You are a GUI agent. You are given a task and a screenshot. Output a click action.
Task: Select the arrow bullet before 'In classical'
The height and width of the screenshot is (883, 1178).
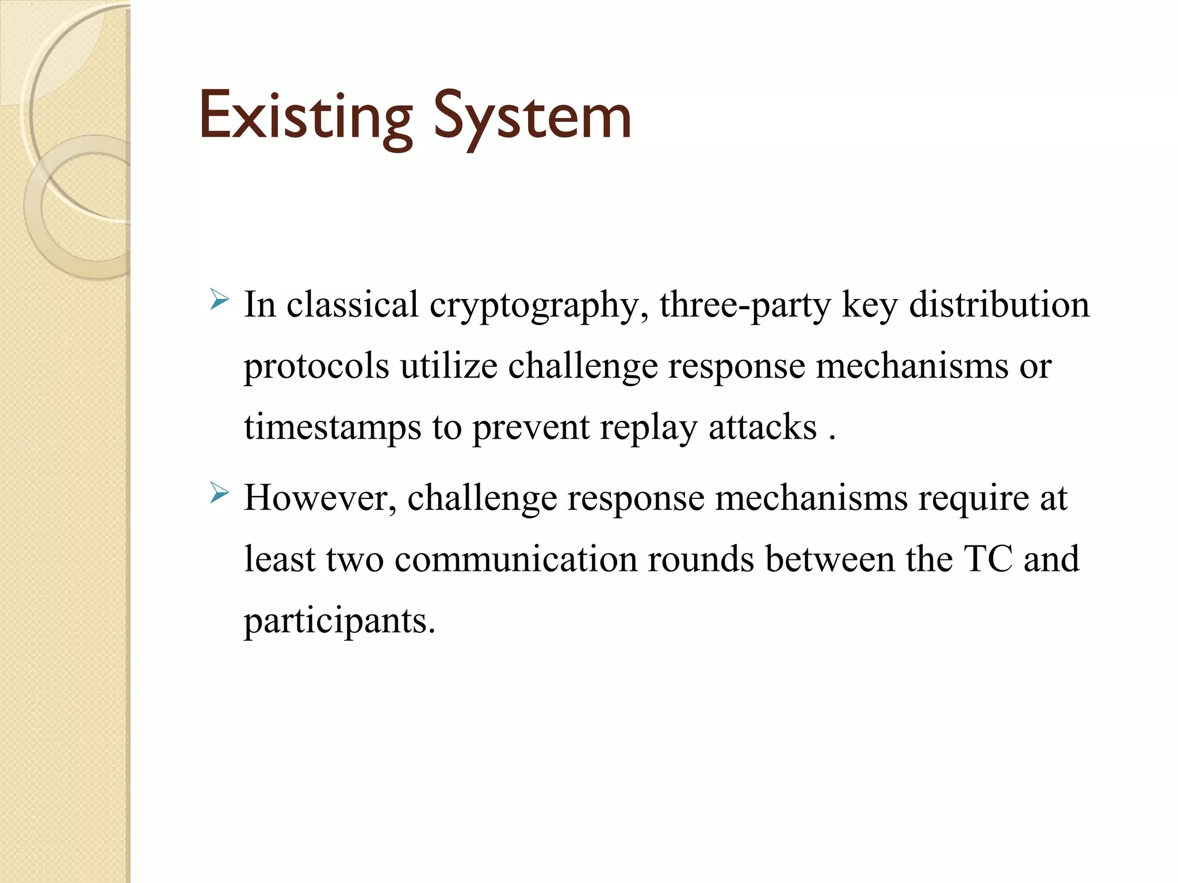(x=220, y=300)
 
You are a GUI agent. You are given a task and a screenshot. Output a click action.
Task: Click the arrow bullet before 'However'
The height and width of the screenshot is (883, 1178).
(x=220, y=493)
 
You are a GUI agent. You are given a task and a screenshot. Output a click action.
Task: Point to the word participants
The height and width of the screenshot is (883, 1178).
(x=339, y=621)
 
